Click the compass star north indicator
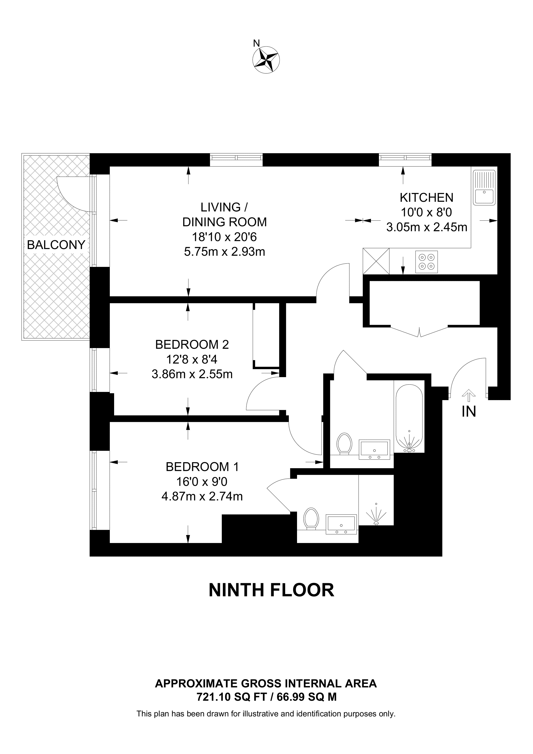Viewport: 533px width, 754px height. coord(266,59)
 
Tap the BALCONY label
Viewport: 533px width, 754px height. coord(56,245)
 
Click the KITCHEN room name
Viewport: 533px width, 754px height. coord(427,197)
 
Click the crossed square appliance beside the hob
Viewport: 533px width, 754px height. coord(376,261)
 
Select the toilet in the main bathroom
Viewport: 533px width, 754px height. coord(345,444)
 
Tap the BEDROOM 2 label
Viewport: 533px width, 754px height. coord(192,344)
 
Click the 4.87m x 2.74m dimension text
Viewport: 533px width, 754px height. coord(202,496)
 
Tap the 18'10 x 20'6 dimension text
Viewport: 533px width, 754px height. coord(224,237)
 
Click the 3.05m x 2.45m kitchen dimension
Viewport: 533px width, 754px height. coord(427,227)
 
